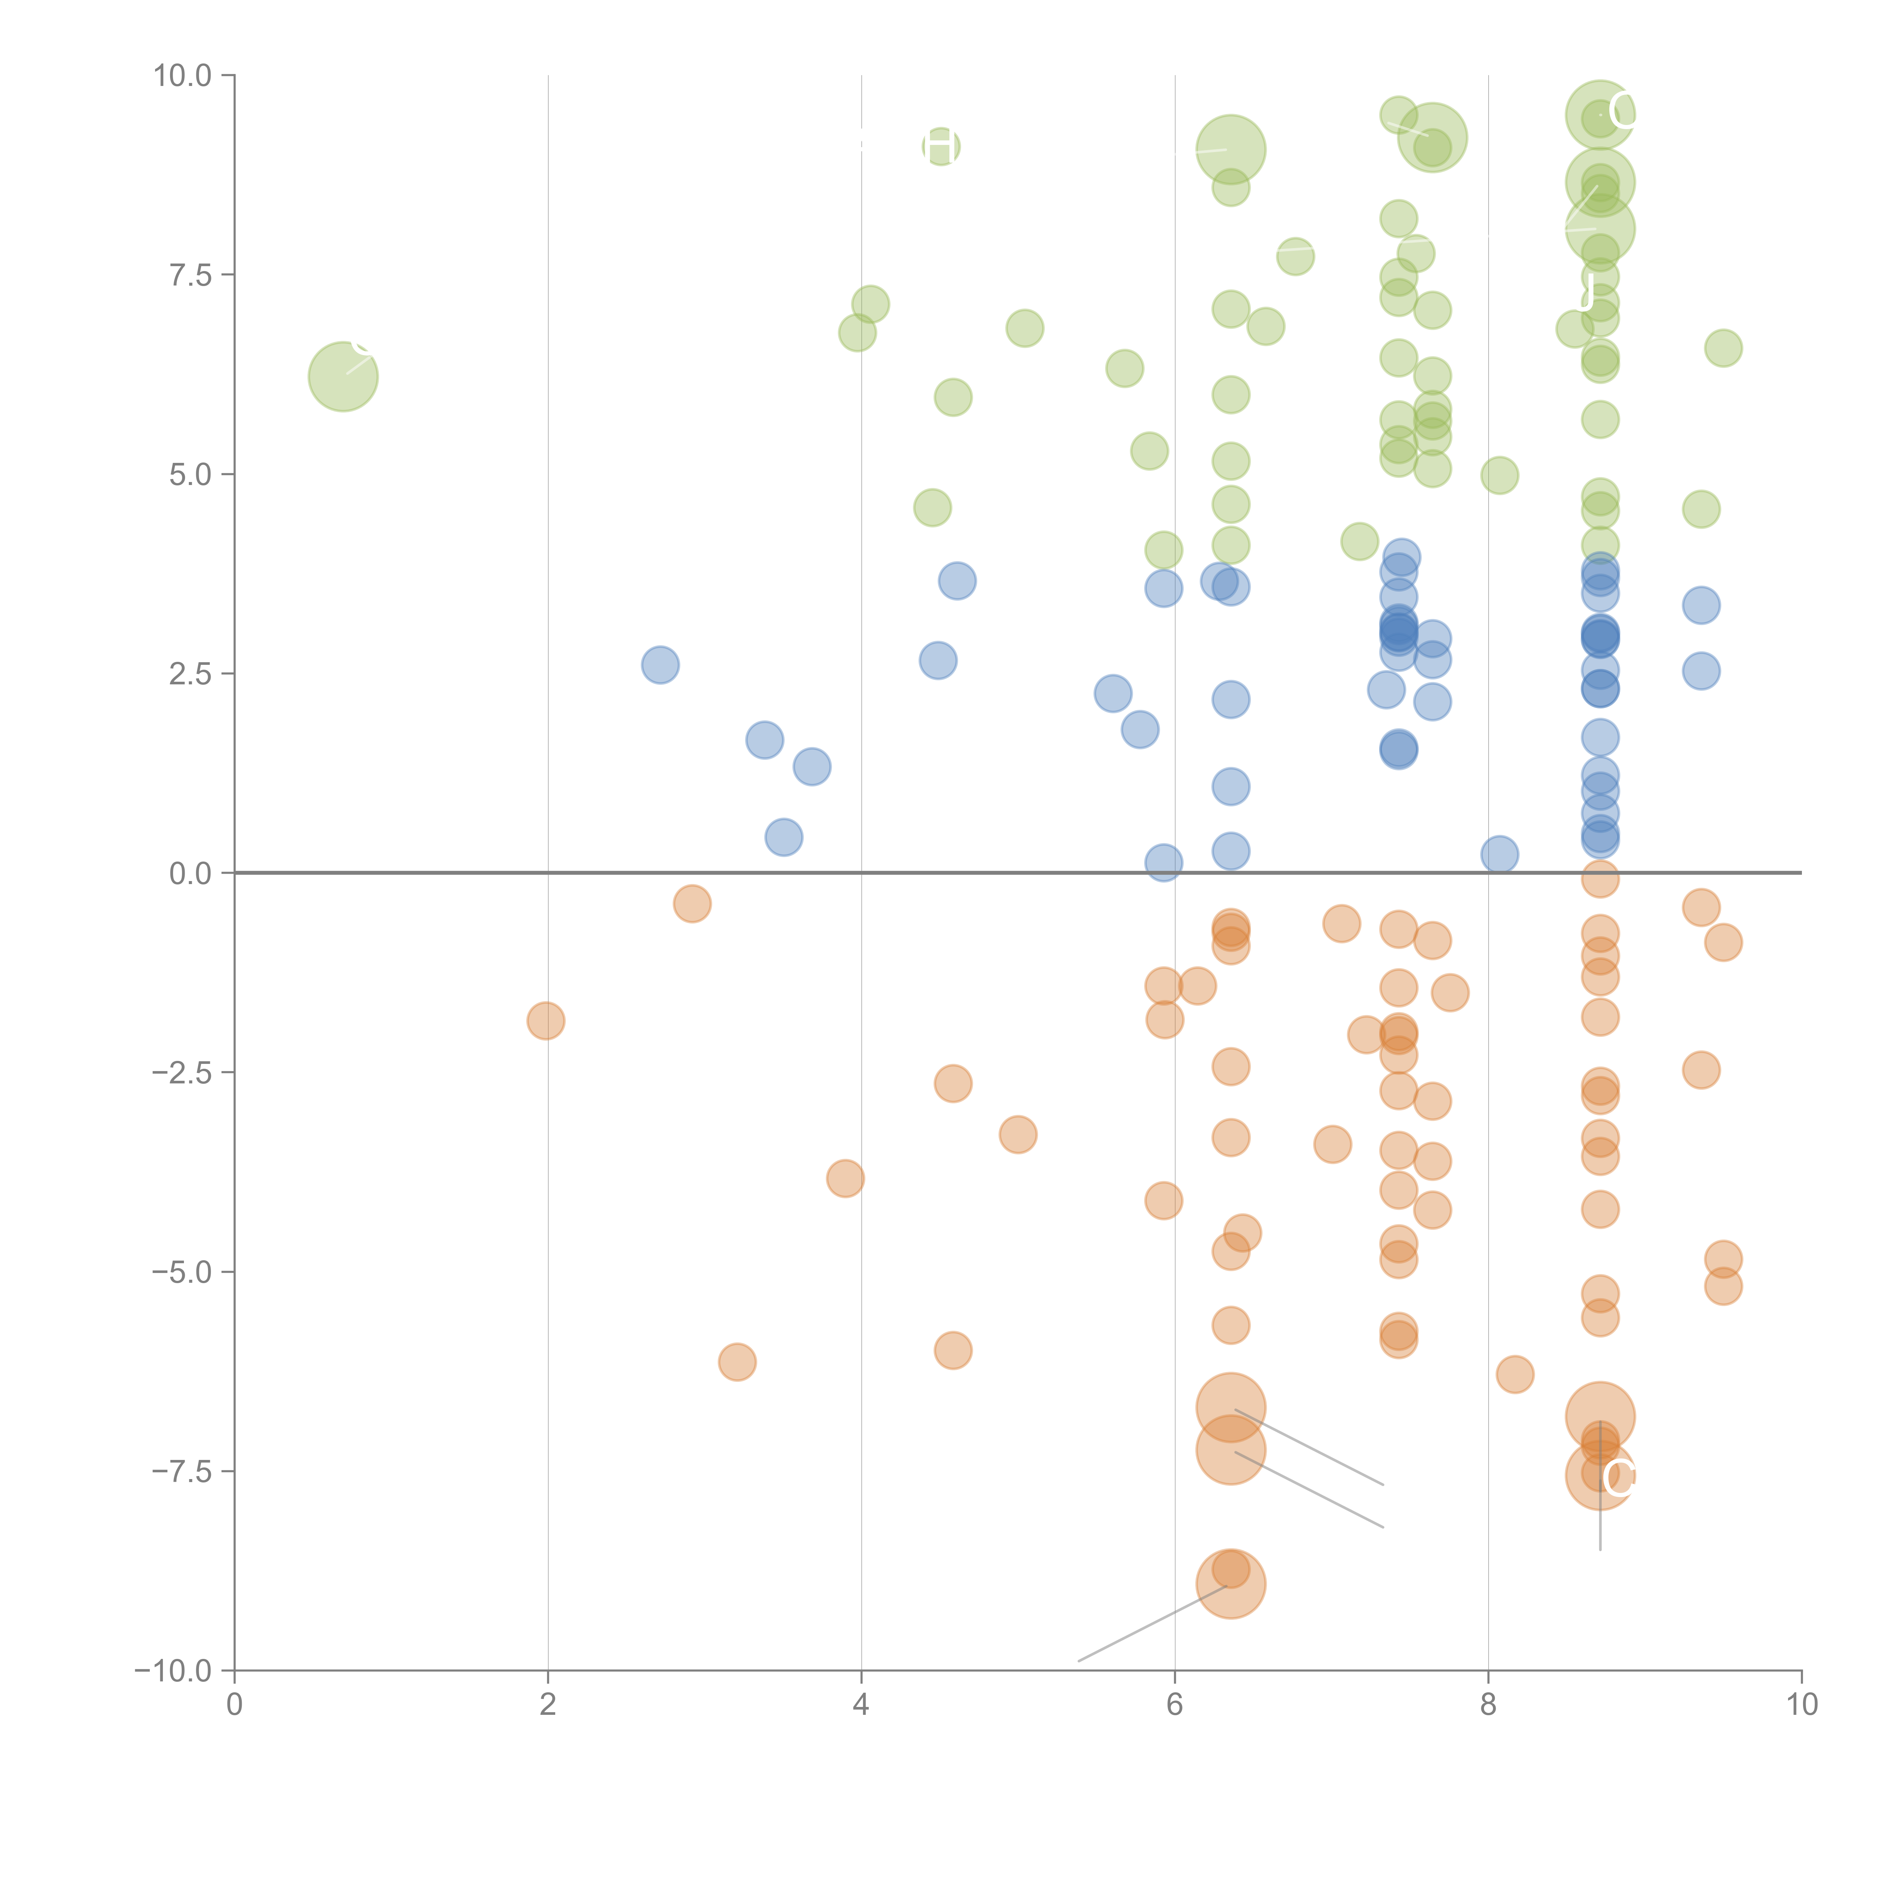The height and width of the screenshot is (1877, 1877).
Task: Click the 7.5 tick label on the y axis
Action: coord(190,275)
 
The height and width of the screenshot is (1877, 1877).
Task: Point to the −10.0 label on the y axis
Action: coord(173,1671)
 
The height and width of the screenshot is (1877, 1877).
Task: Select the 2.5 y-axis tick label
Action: coord(190,673)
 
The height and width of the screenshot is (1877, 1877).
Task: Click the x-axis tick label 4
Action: coord(861,1705)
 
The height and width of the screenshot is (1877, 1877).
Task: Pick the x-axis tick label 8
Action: coord(1488,1705)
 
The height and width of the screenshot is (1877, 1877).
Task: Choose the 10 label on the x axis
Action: coord(1801,1705)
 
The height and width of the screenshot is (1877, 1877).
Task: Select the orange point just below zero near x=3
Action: coord(692,904)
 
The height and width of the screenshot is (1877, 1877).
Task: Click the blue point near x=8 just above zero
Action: coord(1499,855)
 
